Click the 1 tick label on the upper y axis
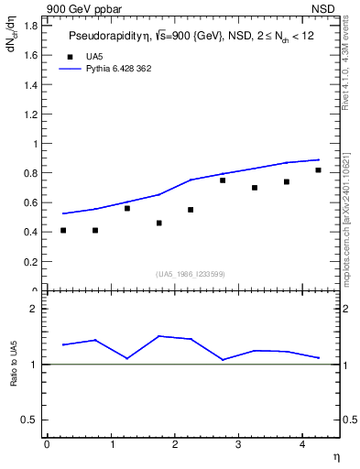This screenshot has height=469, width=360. click(x=35, y=144)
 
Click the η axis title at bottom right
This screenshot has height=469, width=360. click(x=335, y=457)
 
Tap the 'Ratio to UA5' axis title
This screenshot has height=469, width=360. click(x=13, y=378)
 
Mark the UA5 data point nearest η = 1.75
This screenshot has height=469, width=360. click(x=158, y=223)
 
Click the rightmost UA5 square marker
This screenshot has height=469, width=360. click(x=318, y=170)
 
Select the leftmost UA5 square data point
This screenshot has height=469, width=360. click(x=63, y=230)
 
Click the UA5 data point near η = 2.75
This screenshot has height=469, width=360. click(x=223, y=180)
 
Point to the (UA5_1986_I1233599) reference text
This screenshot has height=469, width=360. click(x=191, y=274)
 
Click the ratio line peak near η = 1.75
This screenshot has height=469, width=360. click(x=158, y=336)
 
